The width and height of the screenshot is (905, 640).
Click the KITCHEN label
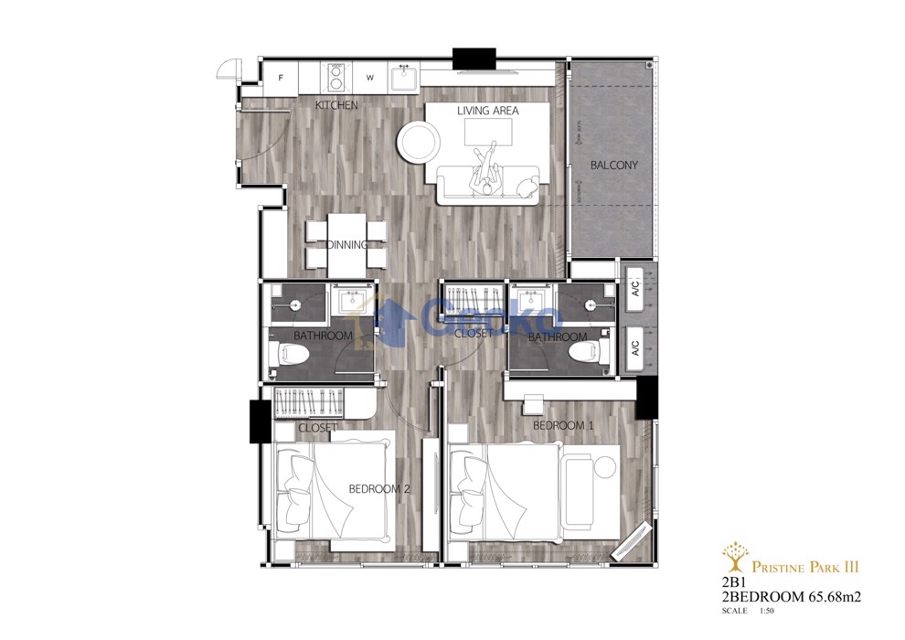336,105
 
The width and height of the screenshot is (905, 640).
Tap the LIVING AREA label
488,111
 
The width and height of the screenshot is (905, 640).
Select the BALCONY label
614,165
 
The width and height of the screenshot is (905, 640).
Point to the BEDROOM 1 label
563,426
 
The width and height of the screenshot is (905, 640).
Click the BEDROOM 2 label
379,489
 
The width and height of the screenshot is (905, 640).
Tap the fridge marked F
281,78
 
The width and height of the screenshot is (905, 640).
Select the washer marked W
369,78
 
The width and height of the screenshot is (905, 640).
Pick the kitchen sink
404,78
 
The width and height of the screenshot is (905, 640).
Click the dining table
346,245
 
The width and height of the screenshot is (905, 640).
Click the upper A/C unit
634,290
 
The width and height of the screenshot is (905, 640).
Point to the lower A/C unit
634,348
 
